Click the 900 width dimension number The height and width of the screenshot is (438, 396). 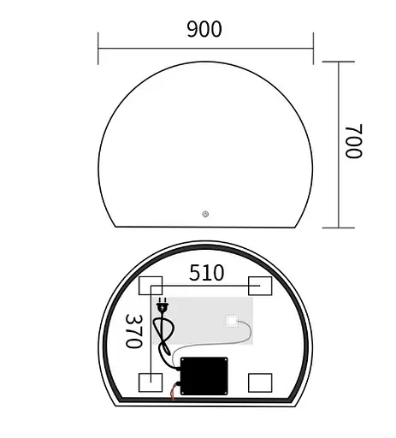point(204,29)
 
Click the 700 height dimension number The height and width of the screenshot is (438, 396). point(353,141)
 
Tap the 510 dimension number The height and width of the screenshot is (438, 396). point(206,273)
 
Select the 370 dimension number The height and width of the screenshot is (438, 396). point(133,329)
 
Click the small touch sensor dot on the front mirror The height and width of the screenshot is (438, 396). point(205,215)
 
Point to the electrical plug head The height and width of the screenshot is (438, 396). point(163,305)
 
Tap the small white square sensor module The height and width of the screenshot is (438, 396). point(231,322)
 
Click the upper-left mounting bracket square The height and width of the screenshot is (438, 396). point(151,286)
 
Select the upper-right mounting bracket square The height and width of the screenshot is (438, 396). point(260,286)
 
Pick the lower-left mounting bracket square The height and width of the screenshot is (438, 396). point(151,382)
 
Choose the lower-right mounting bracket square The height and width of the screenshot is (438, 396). point(260,382)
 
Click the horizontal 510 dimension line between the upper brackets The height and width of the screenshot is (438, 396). point(205,286)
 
